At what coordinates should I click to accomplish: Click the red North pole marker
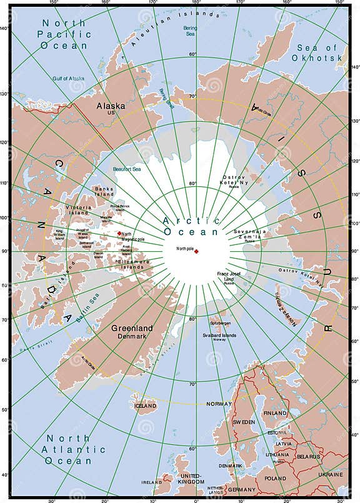click(x=196, y=251)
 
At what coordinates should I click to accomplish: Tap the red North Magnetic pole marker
click(x=119, y=234)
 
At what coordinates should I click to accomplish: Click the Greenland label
click(x=132, y=327)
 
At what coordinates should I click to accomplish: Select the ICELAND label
click(x=145, y=406)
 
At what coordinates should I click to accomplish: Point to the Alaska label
click(x=111, y=106)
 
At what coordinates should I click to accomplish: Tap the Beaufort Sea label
click(x=127, y=169)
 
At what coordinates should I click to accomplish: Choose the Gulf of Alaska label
click(x=67, y=78)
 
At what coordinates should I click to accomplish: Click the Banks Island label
click(x=103, y=191)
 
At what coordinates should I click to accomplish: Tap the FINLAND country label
click(x=276, y=413)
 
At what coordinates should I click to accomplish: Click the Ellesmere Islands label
click(x=131, y=263)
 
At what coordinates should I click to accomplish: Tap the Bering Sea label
click(x=190, y=31)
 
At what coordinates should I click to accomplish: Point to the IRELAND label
click(x=152, y=482)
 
